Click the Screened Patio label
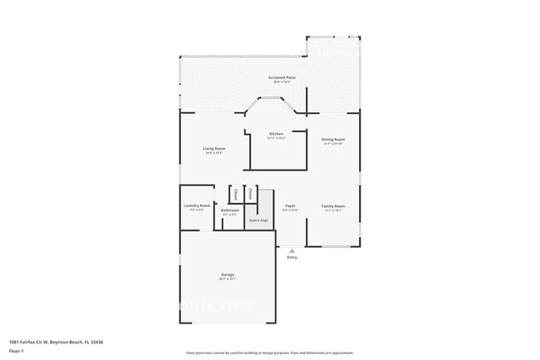(x=282, y=77)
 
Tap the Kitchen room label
(x=277, y=134)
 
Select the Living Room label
(x=214, y=149)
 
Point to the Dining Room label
(x=334, y=139)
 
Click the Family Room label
(x=333, y=205)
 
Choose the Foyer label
(x=290, y=205)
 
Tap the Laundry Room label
(x=197, y=205)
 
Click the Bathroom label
(x=230, y=210)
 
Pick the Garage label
(x=228, y=274)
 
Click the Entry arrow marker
(x=292, y=249)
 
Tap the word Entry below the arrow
(x=292, y=257)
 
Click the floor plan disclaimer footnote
(x=269, y=353)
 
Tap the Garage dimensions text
(x=228, y=279)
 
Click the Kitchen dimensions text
(x=277, y=139)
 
